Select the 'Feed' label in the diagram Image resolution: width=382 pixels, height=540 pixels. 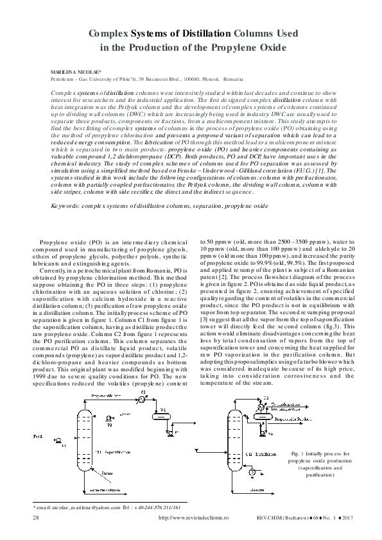[38, 437]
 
